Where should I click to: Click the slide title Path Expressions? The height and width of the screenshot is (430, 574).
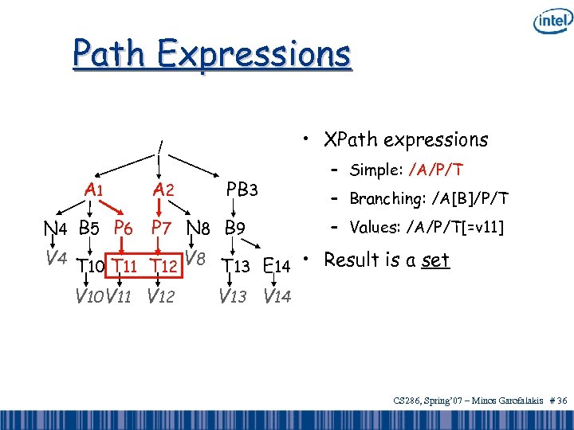pyautogui.click(x=211, y=54)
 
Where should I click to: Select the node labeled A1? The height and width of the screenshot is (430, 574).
pyautogui.click(x=94, y=190)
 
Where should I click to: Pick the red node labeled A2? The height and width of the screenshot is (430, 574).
pyautogui.click(x=163, y=190)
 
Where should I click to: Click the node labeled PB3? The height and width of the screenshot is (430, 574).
pyautogui.click(x=242, y=190)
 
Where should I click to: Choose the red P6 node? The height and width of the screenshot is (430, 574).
pyautogui.click(x=123, y=228)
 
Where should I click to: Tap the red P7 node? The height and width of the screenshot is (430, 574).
pyautogui.click(x=164, y=228)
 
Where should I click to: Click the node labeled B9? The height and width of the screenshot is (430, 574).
pyautogui.click(x=234, y=229)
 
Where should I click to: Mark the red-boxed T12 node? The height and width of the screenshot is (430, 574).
pyautogui.click(x=163, y=265)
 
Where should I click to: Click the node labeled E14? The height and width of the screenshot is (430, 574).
pyautogui.click(x=278, y=265)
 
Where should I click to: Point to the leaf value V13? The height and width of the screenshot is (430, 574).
pyautogui.click(x=233, y=298)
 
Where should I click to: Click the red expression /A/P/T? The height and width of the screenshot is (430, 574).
pyautogui.click(x=436, y=170)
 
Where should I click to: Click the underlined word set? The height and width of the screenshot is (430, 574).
pyautogui.click(x=436, y=260)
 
